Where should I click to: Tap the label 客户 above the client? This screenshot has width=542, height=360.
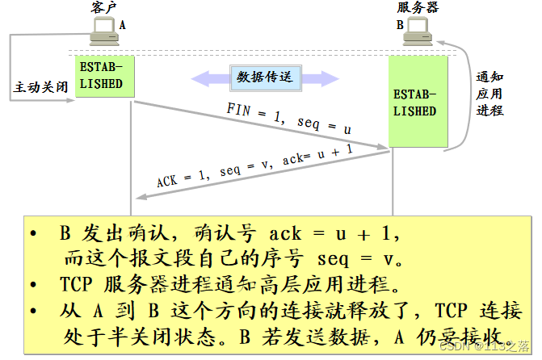click(x=103, y=8)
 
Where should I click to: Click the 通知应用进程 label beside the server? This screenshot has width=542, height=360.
click(x=489, y=94)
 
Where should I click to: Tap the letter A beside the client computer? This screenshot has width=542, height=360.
click(x=123, y=25)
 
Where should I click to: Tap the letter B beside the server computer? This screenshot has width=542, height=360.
click(x=399, y=25)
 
